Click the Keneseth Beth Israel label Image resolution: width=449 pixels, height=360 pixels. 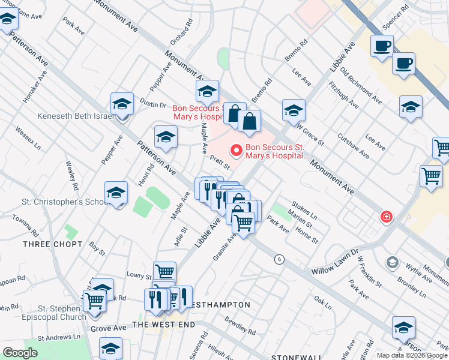click(75, 116)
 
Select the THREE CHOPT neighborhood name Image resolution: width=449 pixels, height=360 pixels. click(52, 244)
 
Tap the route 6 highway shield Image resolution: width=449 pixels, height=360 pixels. click(279, 259)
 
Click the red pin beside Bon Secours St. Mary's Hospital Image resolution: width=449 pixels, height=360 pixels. click(237, 150)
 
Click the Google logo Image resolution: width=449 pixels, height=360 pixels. click(20, 353)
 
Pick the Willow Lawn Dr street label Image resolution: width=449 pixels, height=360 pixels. click(333, 262)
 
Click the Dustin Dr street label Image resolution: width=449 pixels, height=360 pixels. click(153, 104)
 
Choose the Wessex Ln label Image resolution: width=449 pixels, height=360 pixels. click(28, 138)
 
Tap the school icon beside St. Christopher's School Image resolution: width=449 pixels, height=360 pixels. click(116, 193)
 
